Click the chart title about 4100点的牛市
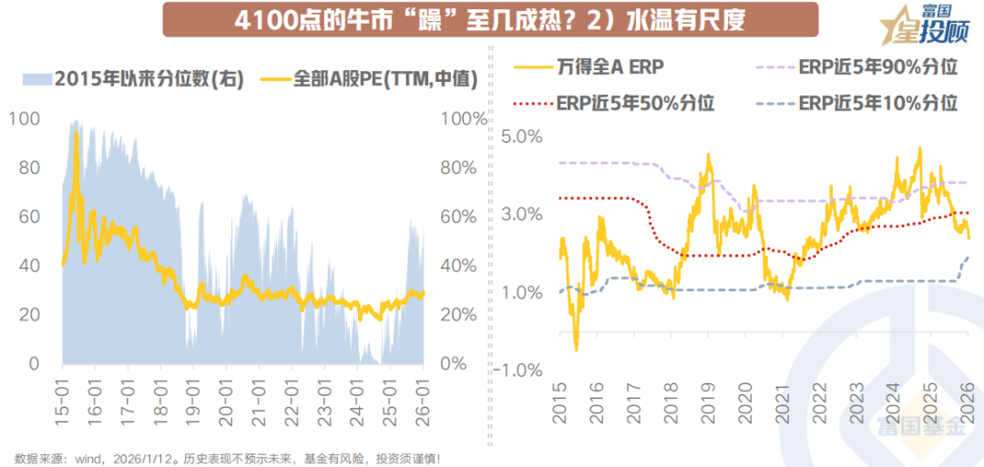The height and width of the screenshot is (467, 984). [489, 19]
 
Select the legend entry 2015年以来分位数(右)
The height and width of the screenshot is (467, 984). [133, 78]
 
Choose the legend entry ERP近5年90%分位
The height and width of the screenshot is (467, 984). [862, 67]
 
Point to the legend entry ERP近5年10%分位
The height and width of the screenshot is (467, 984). [862, 102]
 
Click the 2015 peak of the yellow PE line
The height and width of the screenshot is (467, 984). [77, 133]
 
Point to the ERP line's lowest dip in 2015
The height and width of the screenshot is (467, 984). [576, 349]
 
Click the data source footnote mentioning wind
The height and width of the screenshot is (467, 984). [228, 458]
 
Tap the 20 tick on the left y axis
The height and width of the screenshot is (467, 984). [27, 315]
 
